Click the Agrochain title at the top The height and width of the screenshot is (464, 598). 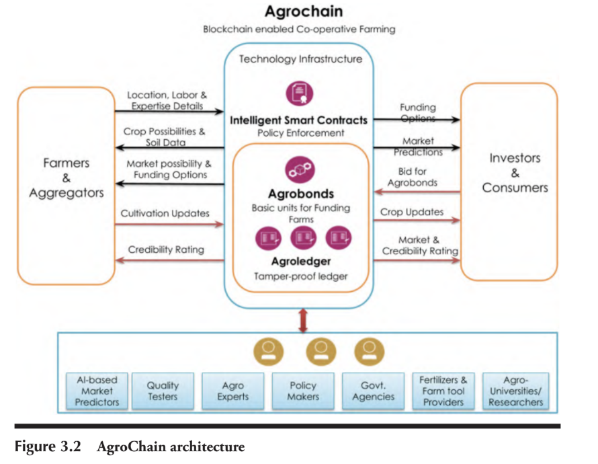[299, 11]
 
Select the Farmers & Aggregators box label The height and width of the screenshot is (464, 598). [67, 178]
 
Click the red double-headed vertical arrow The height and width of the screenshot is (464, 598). [303, 319]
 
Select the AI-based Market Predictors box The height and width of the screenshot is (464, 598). [97, 391]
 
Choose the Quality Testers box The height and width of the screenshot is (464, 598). [163, 391]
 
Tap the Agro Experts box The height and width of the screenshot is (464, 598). [232, 391]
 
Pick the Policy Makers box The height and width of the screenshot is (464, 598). [303, 391]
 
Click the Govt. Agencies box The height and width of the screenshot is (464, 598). [373, 391]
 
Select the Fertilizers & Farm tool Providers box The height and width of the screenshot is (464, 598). [443, 391]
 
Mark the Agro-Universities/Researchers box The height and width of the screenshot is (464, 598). [516, 391]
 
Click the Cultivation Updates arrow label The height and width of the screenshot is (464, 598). [165, 213]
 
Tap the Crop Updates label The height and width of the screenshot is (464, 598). [412, 212]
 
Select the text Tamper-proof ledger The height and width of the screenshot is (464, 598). [300, 276]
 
